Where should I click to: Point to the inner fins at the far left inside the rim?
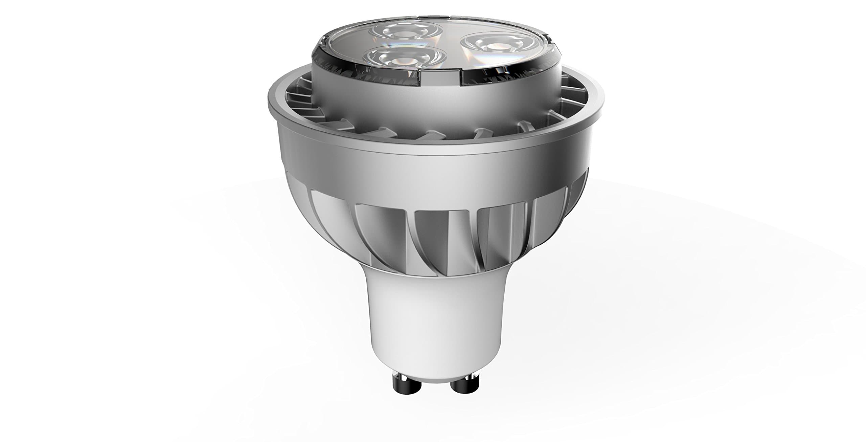pyautogui.click(x=298, y=98)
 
